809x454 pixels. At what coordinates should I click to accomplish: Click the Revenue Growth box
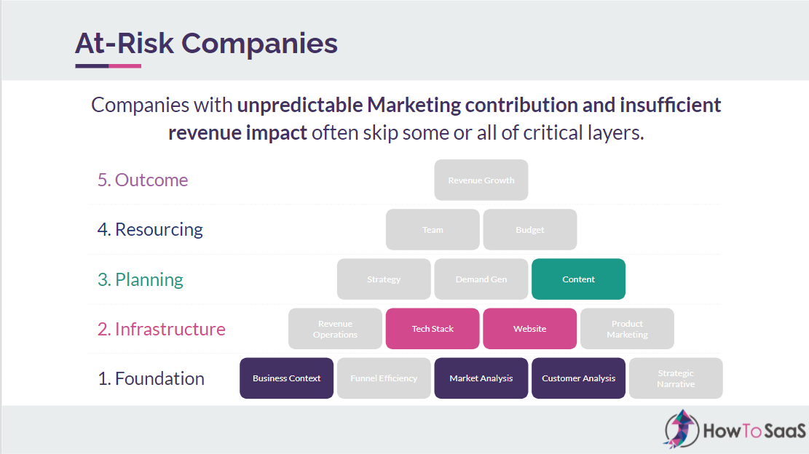(481, 180)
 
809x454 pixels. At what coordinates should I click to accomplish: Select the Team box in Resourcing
(433, 230)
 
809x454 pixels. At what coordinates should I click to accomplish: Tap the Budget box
(530, 230)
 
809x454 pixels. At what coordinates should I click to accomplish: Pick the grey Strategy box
(384, 279)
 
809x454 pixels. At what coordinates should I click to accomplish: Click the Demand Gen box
(481, 279)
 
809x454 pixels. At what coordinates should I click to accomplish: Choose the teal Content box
(579, 279)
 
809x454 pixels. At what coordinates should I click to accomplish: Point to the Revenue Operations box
(335, 329)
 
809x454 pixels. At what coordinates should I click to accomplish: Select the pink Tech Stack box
(433, 329)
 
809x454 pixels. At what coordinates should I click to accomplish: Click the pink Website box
(530, 329)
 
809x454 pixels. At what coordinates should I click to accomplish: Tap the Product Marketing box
(627, 329)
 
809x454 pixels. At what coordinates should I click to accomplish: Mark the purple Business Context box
(287, 378)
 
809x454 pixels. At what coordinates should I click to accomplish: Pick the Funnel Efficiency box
(384, 378)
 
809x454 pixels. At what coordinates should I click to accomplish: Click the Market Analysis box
(481, 378)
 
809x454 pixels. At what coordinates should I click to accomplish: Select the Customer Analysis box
(579, 378)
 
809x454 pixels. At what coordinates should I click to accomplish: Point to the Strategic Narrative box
(676, 378)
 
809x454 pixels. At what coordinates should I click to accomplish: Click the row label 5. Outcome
(143, 180)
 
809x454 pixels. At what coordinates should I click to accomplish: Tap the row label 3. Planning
(141, 279)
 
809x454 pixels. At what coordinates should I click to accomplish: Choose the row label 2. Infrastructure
(162, 329)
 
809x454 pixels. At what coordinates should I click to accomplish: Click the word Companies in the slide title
(259, 44)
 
